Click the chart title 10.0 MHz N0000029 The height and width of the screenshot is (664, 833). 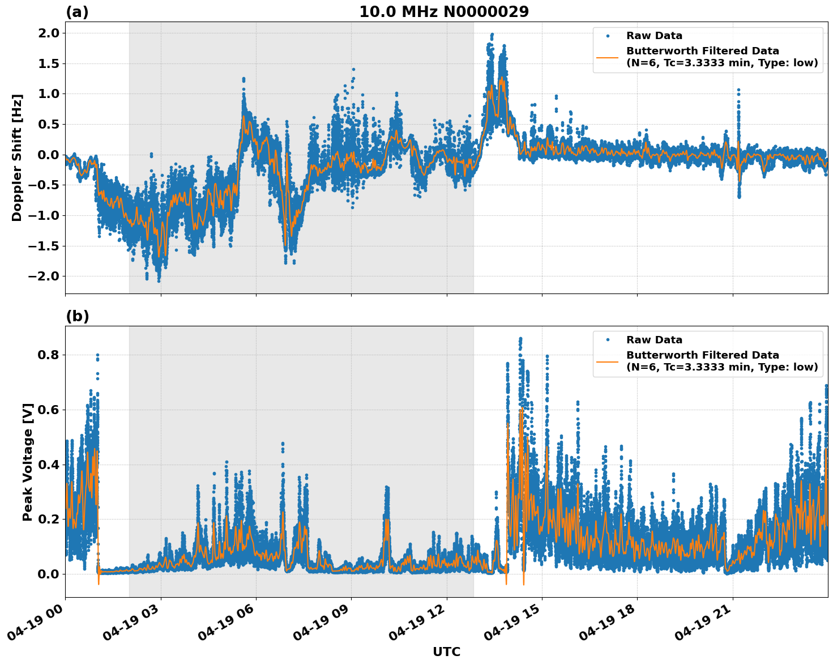tap(444, 12)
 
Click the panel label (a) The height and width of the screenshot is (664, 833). tap(77, 12)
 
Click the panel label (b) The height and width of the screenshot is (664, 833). tap(77, 316)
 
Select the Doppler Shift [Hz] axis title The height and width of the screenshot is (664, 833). tap(17, 158)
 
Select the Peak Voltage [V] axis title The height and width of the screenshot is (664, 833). tap(28, 462)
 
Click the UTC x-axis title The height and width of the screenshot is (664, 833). tap(446, 652)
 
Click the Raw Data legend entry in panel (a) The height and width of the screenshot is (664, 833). tap(654, 36)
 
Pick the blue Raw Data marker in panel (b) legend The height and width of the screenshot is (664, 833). tap(608, 340)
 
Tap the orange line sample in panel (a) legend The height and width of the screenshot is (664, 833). tap(608, 57)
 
